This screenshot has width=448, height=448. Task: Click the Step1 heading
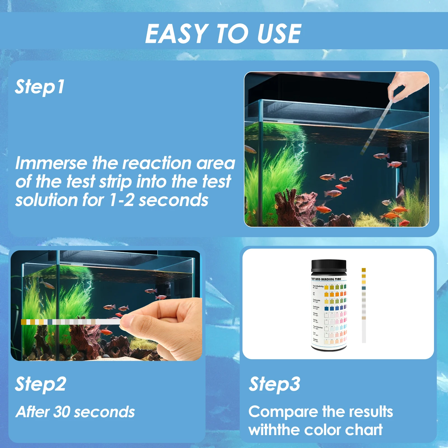(40, 87)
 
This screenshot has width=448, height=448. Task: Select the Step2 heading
(41, 384)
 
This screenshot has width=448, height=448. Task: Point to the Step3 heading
(275, 384)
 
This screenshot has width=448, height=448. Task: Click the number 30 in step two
(61, 412)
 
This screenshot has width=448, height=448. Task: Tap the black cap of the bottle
(329, 266)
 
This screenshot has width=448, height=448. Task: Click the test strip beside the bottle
(364, 305)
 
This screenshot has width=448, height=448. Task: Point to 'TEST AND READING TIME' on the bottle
(326, 279)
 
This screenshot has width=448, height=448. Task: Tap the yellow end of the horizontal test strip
(24, 322)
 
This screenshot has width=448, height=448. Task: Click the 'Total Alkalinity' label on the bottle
(318, 286)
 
